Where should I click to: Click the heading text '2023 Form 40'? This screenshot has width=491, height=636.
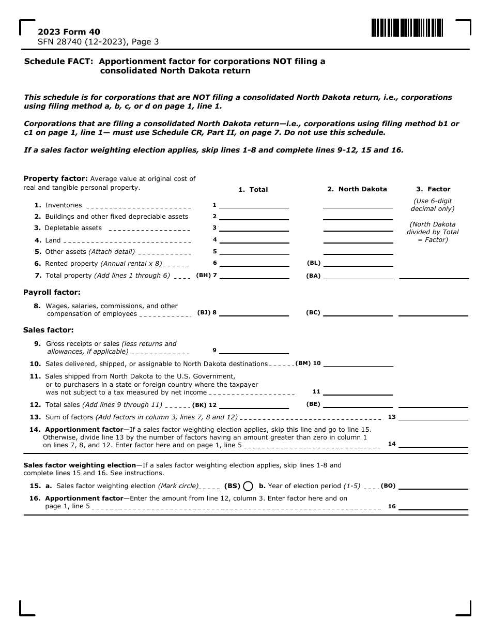pos(62,32)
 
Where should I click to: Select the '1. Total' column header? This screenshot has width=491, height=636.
pos(253,190)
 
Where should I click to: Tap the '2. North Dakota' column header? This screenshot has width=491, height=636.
pos(357,189)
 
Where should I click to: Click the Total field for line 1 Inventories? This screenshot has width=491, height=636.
pos(253,205)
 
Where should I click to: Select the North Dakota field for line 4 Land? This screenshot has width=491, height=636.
pos(358,239)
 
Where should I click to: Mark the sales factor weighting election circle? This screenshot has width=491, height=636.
pos(248,486)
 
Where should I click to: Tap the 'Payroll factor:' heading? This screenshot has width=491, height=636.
pos(52,292)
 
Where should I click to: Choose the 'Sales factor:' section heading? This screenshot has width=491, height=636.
pos(49,330)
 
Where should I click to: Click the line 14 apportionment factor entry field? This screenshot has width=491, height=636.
pos(433,444)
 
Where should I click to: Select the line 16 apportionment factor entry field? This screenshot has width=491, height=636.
pos(433,506)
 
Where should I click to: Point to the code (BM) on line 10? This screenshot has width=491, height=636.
pos(303,364)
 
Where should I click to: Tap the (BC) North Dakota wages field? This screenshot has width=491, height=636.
pos(358,312)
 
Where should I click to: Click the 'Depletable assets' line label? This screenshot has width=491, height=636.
pos(73,228)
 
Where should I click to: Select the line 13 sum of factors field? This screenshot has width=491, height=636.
pos(433,417)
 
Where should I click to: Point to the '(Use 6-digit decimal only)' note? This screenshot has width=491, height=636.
pos(433,205)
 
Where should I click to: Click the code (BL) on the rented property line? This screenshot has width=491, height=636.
pos(314,263)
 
